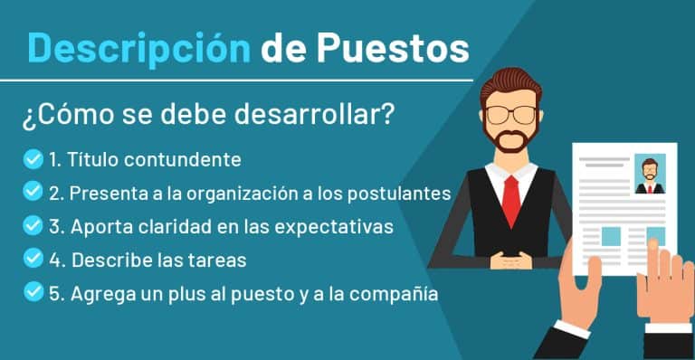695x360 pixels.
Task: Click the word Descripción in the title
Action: (x=138, y=46)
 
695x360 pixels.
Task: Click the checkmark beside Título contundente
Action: (x=33, y=160)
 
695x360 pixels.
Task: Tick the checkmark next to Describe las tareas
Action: (x=33, y=260)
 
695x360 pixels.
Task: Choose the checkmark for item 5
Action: (x=33, y=292)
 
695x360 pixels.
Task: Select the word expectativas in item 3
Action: (x=338, y=227)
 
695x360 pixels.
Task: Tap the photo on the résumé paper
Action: (x=649, y=175)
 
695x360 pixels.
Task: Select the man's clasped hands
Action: (x=512, y=261)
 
